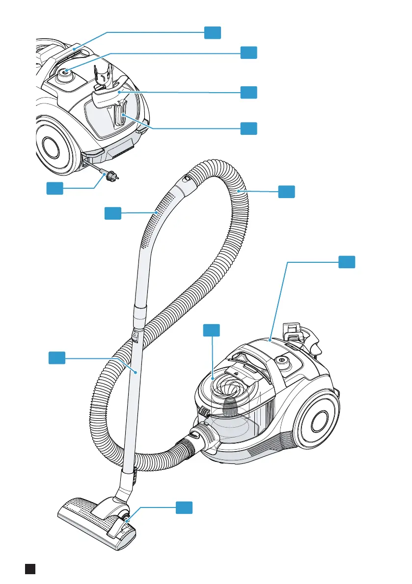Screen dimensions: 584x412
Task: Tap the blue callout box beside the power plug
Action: [x=55, y=188]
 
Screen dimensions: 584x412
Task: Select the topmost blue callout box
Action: [x=212, y=32]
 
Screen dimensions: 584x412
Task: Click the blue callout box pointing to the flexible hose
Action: [x=287, y=192]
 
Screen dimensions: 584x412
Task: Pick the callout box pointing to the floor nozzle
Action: [x=184, y=508]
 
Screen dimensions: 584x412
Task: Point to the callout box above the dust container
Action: [x=212, y=330]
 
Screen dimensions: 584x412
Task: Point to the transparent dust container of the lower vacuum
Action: [x=231, y=407]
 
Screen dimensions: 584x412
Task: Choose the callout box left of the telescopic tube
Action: [x=56, y=357]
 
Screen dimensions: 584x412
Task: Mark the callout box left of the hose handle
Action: [x=112, y=213]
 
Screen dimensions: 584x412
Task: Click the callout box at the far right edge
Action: [x=347, y=262]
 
